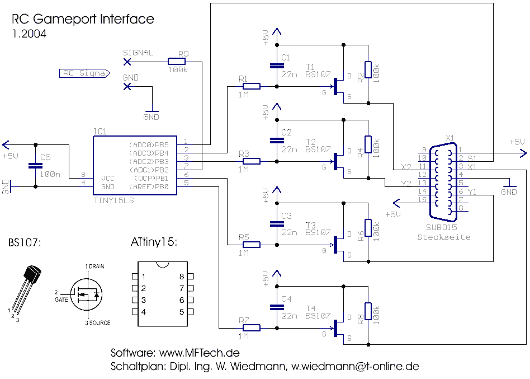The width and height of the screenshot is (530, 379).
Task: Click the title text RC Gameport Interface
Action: (83, 19)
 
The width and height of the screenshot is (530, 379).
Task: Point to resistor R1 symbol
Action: (251, 86)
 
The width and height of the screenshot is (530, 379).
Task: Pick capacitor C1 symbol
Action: (274, 66)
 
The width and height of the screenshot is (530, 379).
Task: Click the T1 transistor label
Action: (310, 66)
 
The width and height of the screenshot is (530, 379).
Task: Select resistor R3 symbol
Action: (251, 161)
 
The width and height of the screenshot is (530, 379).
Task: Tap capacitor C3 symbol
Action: (274, 223)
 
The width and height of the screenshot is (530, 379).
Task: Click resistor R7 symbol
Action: (251, 327)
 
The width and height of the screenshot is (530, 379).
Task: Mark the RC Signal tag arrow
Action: (84, 73)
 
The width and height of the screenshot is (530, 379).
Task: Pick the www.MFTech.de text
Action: (200, 353)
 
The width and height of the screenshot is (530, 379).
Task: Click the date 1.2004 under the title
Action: (29, 34)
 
